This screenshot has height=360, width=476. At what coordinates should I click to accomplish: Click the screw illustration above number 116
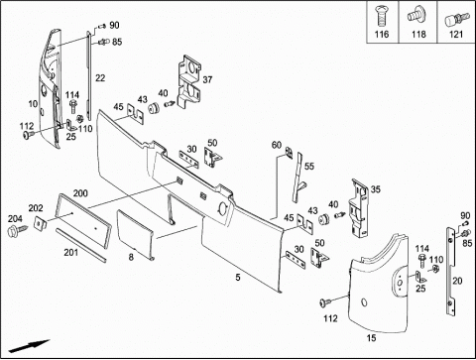tap(381, 17)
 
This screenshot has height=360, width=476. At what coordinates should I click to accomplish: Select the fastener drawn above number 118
tap(417, 14)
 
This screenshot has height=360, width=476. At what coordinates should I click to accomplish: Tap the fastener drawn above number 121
tap(457, 19)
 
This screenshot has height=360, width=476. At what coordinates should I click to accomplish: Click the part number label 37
tap(207, 79)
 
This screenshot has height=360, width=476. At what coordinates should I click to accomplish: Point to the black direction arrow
tap(29, 346)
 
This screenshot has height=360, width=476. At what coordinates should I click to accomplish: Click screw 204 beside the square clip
tap(19, 229)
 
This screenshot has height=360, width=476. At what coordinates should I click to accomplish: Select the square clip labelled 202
tap(41, 223)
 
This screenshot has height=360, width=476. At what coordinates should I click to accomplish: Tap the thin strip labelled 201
tap(81, 245)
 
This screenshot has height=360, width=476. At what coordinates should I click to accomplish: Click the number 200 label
tap(80, 193)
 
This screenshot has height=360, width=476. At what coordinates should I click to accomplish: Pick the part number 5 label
tap(238, 278)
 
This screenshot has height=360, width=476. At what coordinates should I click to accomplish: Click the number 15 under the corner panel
tap(371, 338)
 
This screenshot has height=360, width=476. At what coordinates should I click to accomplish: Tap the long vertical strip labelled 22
tap(88, 75)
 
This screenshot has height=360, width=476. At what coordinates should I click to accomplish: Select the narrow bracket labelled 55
tap(298, 178)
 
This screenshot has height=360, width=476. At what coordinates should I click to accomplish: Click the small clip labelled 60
tap(290, 153)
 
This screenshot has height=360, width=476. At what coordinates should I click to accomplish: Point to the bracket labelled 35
tap(360, 208)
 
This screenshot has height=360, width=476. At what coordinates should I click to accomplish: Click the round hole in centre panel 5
tap(223, 208)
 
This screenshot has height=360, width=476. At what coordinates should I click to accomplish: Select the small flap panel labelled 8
tap(135, 235)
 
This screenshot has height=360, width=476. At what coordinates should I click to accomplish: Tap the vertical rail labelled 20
tap(451, 272)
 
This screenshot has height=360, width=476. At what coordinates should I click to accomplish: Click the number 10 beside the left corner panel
tap(33, 104)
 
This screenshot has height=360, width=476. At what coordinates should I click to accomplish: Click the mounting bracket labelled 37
tap(189, 81)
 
